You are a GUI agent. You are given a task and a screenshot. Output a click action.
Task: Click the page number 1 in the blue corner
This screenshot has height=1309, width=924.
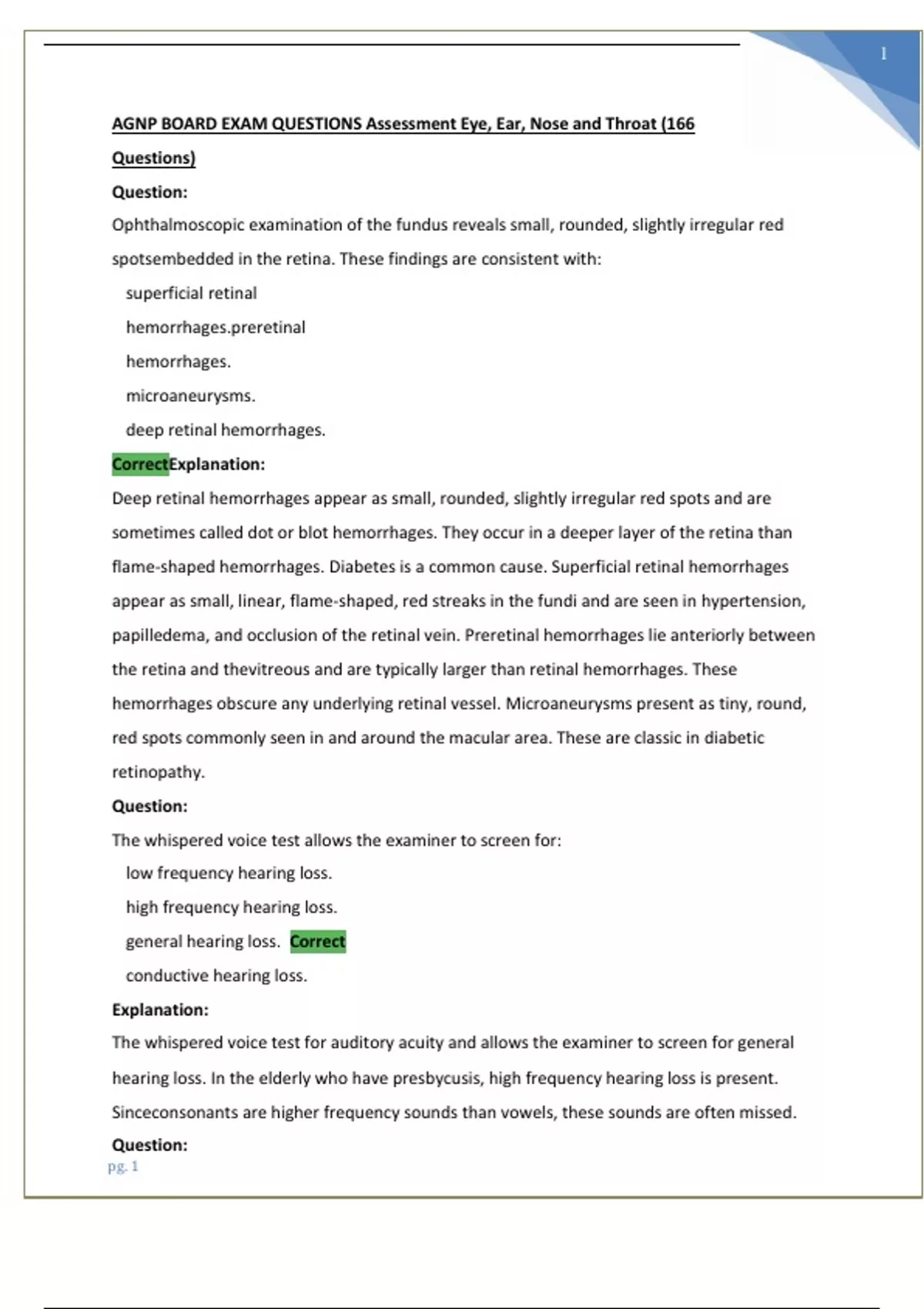click(x=883, y=54)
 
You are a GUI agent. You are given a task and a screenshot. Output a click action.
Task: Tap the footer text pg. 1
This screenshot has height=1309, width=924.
click(x=123, y=1166)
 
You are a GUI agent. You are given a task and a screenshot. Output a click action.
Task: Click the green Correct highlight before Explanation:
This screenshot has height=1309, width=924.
click(x=140, y=464)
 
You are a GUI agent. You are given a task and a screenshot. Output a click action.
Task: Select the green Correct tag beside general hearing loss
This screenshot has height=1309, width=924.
click(x=317, y=941)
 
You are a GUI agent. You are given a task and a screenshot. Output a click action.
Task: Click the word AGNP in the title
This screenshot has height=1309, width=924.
click(x=134, y=124)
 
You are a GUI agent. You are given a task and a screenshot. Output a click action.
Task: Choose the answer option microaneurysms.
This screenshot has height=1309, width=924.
click(x=190, y=396)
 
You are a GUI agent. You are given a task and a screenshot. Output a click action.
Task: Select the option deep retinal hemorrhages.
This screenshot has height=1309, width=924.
click(x=226, y=430)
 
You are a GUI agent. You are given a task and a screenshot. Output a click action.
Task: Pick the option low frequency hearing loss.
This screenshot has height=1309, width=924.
click(x=229, y=873)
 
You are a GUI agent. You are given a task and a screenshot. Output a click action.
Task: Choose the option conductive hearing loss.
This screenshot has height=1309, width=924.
click(x=216, y=976)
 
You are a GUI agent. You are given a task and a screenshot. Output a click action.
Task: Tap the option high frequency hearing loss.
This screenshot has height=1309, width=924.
click(x=231, y=907)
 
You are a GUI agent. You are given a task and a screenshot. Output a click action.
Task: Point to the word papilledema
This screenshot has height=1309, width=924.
click(x=159, y=635)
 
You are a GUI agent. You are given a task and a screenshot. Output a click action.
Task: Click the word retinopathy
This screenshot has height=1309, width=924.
click(x=158, y=772)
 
